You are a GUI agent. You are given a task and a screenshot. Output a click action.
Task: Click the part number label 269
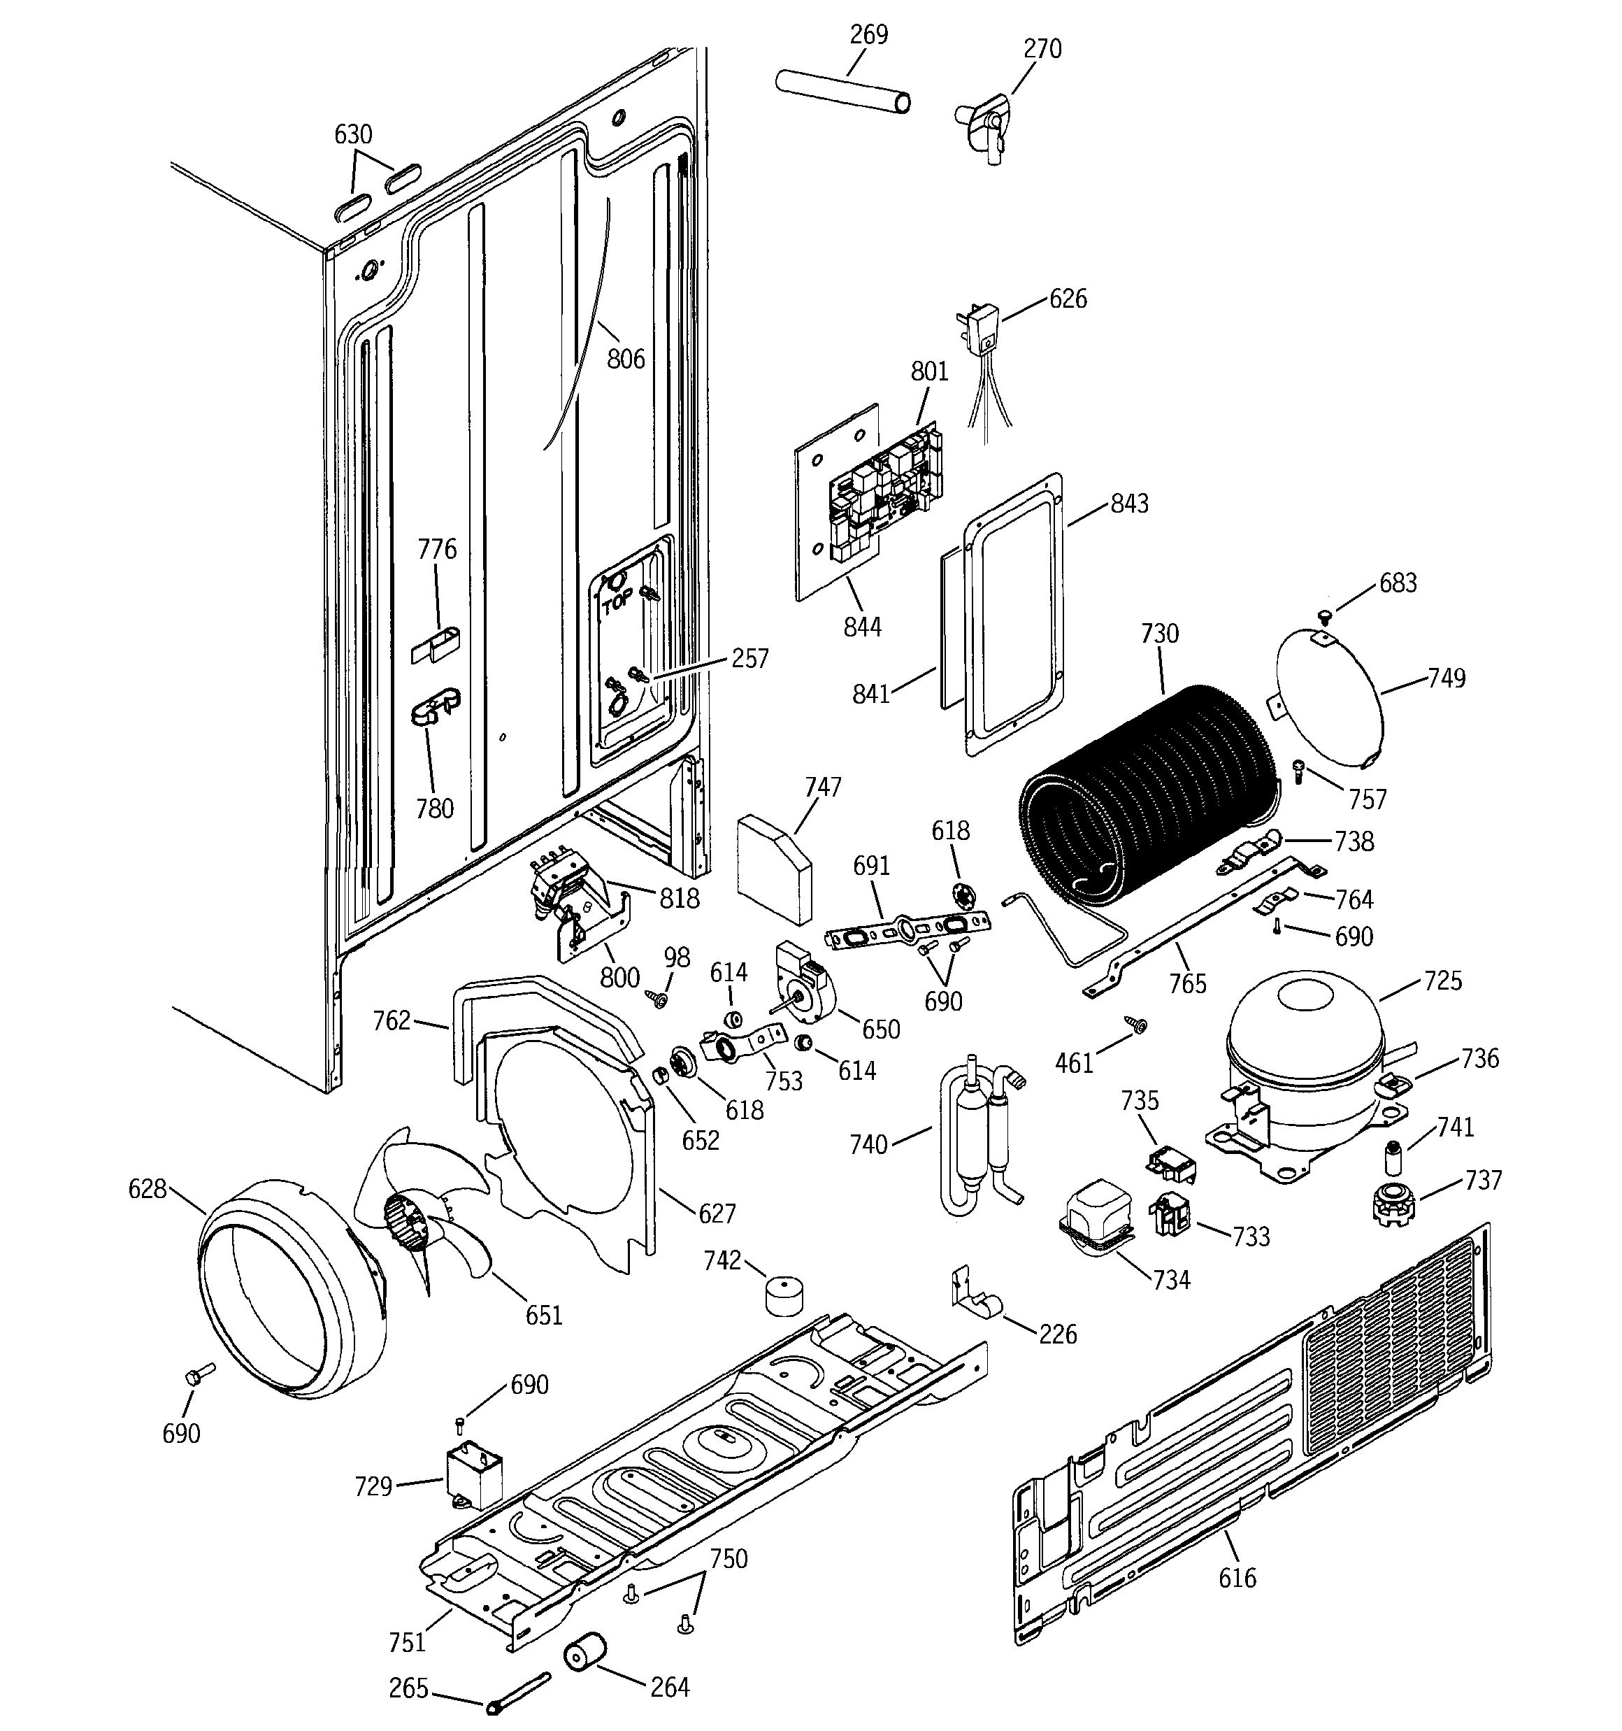click(868, 35)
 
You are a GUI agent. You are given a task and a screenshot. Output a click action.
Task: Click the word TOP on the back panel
click(617, 601)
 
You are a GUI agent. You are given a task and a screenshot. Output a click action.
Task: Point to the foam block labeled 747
click(773, 867)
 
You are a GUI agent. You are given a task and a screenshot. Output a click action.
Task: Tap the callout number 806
click(625, 358)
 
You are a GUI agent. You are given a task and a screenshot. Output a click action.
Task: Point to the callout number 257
click(749, 658)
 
